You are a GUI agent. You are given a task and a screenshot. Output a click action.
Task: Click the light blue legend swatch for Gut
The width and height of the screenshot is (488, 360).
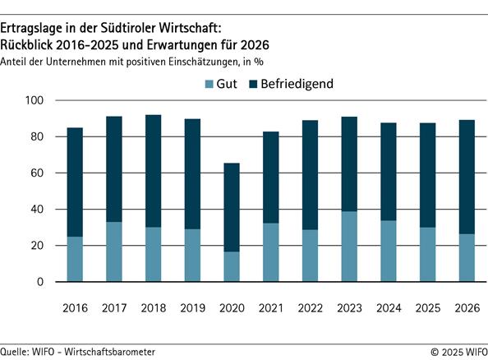209,83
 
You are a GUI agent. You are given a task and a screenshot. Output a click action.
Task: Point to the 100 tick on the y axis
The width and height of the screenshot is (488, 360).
38,100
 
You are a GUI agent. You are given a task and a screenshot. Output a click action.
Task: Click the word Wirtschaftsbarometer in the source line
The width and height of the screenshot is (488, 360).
108,351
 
